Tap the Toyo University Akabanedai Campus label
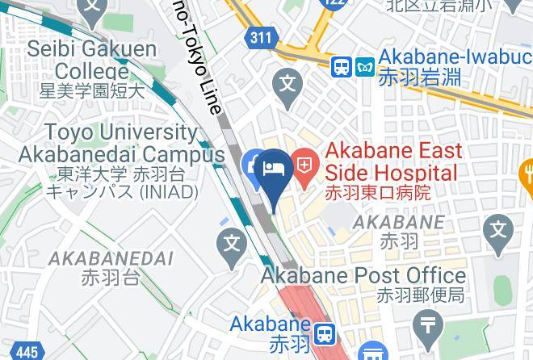[121, 143]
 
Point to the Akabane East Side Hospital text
[393, 161]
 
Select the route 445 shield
[27, 352]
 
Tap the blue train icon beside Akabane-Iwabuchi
[342, 66]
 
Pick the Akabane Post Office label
[362, 275]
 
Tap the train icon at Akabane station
[325, 333]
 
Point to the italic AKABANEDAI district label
[111, 258]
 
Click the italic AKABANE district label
[399, 221]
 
